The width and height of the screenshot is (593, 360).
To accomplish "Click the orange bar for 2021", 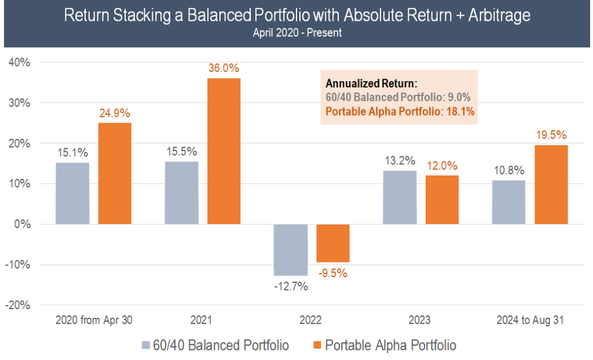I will pos(224,151).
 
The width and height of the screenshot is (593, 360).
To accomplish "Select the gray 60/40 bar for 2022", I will pos(291,249).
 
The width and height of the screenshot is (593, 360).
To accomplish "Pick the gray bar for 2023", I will pos(400,197).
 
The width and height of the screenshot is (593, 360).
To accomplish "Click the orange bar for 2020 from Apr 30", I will pos(115,173).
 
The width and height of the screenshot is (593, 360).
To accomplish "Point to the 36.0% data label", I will pos(224,68).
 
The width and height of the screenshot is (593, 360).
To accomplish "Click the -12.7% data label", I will pos(291,286).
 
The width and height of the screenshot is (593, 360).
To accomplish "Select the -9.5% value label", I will pos(332,273).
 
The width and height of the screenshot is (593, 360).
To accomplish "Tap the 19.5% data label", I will pos(551,135).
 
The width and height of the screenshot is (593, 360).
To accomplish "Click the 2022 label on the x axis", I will pos(311,320).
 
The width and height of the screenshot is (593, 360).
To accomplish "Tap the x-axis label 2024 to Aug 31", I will pos(530,320).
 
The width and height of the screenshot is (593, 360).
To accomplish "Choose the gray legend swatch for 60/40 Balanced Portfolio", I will pos(145,346).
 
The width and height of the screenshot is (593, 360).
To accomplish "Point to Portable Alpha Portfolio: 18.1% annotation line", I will pos(400,112).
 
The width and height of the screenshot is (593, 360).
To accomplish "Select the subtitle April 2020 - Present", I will pos(297,32).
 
